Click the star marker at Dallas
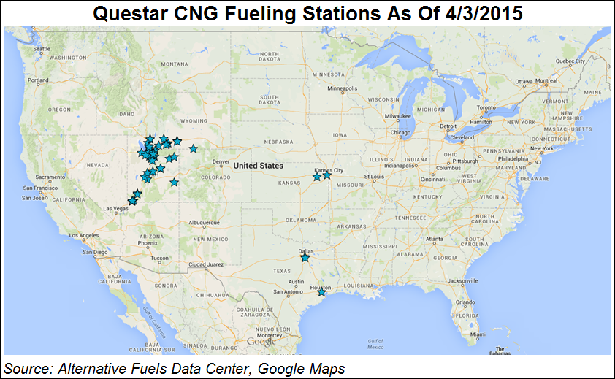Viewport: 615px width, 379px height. click(x=305, y=258)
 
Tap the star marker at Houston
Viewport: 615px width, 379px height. click(x=321, y=292)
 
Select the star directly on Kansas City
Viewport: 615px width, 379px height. click(x=326, y=175)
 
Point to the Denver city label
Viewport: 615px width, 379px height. click(x=221, y=162)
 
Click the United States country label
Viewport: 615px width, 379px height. click(x=258, y=166)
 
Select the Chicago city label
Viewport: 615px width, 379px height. click(x=402, y=133)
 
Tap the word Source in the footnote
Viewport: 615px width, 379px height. click(x=26, y=367)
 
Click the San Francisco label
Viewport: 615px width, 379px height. click(x=34, y=188)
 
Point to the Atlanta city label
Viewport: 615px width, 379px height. click(x=435, y=239)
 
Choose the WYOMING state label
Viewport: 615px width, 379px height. click(x=194, y=120)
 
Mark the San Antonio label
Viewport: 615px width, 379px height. click(x=288, y=291)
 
